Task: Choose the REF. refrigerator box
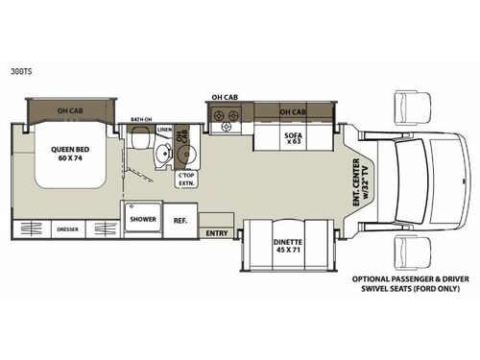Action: tap(180, 219)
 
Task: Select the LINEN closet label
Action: tap(164, 130)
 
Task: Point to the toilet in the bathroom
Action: tap(144, 140)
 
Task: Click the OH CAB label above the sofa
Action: tap(294, 111)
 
